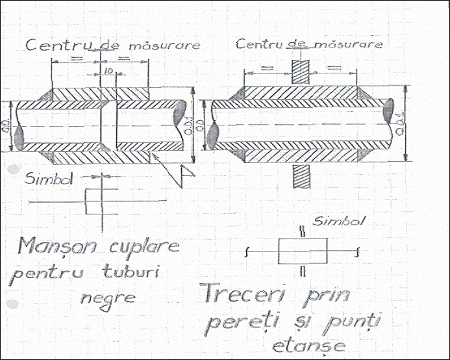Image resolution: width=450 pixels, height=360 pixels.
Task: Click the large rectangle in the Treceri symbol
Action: point(302,250)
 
